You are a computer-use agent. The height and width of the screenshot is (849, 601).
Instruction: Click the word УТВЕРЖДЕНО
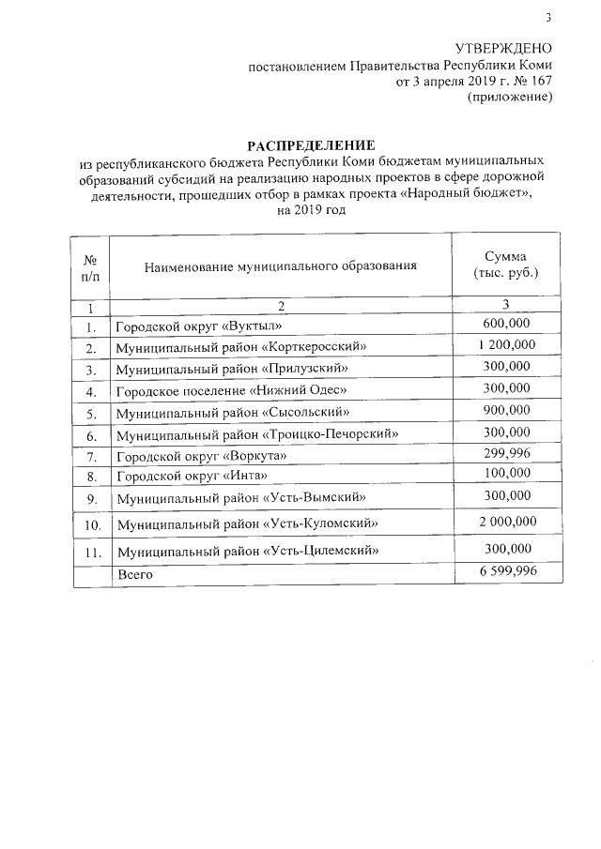(503, 49)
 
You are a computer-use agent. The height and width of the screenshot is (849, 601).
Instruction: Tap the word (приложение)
(508, 98)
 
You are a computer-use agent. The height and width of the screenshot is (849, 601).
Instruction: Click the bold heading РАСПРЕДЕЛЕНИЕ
(310, 144)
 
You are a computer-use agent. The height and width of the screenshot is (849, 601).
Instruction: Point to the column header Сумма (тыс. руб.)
(506, 265)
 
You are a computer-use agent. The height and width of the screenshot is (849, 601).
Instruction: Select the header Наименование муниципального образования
(280, 267)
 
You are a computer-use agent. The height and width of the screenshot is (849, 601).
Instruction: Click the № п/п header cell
(92, 266)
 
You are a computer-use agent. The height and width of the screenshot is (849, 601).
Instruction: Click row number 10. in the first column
(92, 523)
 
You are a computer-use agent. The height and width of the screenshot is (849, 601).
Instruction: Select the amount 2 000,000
(506, 521)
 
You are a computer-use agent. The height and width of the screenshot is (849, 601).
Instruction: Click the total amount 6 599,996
(506, 571)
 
